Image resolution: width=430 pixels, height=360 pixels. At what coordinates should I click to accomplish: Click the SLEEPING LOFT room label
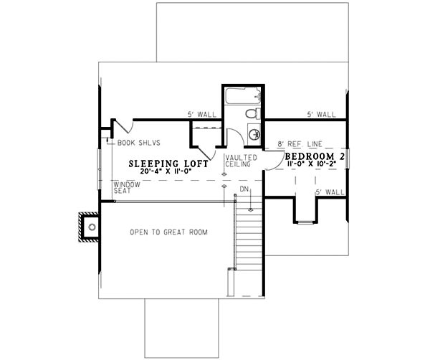click(168, 164)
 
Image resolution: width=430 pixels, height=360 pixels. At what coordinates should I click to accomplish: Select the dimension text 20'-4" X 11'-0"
click(168, 173)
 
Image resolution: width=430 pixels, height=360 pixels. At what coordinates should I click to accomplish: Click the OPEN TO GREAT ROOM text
click(168, 232)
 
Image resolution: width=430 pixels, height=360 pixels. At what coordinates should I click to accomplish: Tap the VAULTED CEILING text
click(237, 161)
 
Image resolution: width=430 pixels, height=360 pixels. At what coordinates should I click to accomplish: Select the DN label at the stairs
click(244, 189)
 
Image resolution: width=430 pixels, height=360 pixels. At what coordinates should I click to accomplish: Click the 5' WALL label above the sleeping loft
click(201, 114)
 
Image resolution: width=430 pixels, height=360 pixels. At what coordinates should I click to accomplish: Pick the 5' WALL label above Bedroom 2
click(321, 114)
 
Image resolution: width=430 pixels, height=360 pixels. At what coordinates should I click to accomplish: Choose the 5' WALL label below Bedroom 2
click(330, 192)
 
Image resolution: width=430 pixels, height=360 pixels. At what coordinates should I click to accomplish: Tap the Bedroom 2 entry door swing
click(272, 159)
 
